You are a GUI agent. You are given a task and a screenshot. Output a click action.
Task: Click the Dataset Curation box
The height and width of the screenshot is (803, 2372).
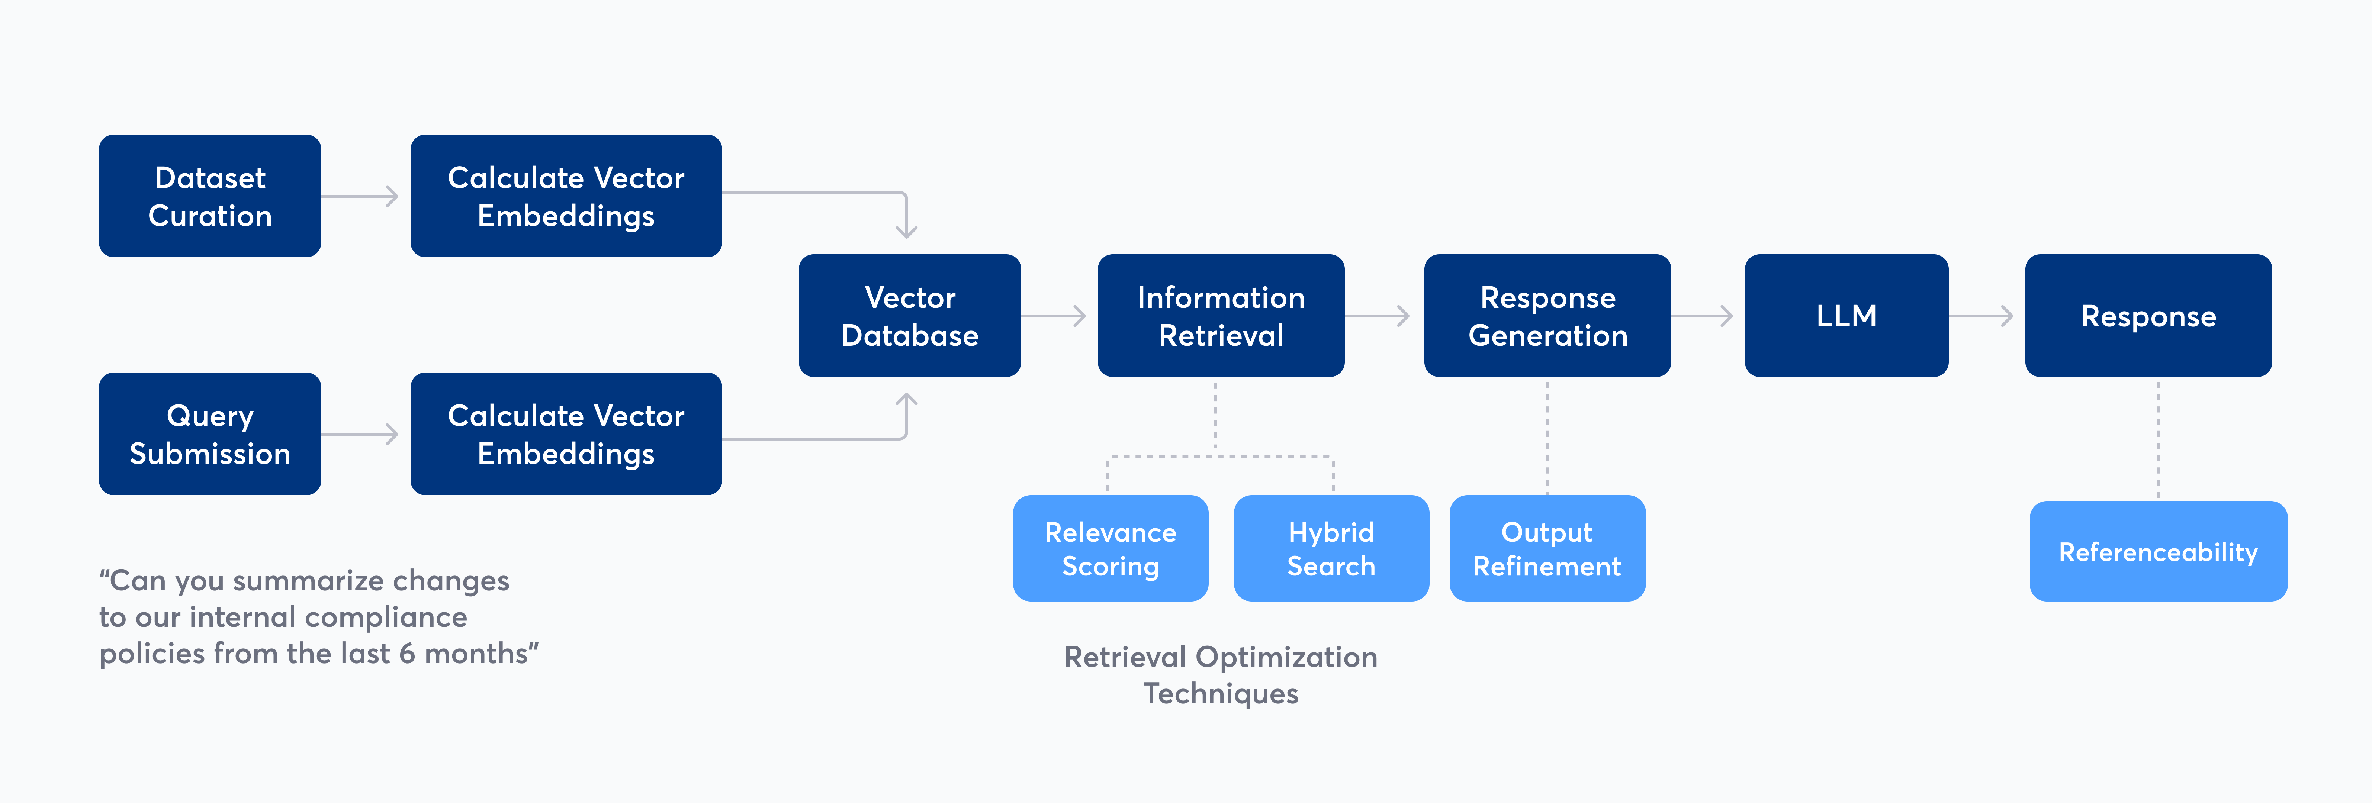coord(210,196)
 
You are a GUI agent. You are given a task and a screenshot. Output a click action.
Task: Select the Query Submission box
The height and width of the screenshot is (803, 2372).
coord(210,434)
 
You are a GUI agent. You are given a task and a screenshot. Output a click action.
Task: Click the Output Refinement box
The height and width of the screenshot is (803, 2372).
coord(1547,549)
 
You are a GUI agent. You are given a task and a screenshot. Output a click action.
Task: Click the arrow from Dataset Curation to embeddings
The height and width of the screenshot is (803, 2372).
coord(361,196)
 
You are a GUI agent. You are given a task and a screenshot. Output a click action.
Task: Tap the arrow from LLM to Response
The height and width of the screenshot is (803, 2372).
coord(1982,316)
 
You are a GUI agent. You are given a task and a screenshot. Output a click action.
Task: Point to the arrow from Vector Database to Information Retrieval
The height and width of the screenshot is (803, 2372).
coord(1054,316)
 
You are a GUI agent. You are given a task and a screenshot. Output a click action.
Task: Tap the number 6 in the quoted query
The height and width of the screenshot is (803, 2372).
coord(406,654)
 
